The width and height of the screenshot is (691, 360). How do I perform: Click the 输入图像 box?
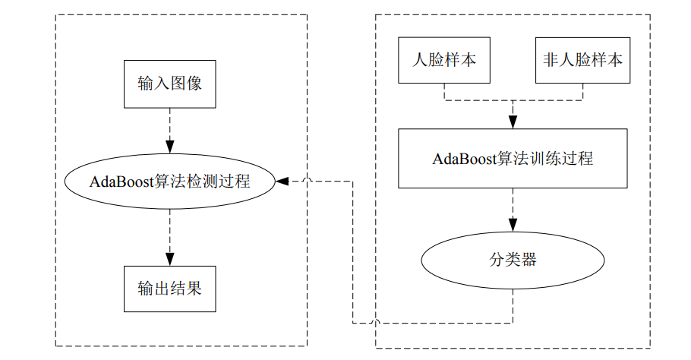coord(169,83)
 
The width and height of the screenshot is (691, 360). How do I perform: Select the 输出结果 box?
coord(169,289)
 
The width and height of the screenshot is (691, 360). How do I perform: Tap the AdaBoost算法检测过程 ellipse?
coord(169,182)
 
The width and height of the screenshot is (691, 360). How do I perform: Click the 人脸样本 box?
coord(444,60)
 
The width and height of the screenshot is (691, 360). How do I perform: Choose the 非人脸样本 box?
coord(583,60)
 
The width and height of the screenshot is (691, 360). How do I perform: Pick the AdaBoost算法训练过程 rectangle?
coord(513,159)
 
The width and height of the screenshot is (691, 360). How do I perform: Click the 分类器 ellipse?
coord(513,260)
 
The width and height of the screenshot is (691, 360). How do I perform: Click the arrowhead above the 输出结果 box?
coord(169,258)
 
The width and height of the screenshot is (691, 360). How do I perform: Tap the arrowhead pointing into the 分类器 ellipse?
coord(513,225)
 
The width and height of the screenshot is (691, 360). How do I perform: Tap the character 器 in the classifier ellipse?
coord(529,260)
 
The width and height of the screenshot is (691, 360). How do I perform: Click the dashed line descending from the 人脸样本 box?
coord(444,91)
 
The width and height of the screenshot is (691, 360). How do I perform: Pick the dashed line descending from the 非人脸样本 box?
coord(583,91)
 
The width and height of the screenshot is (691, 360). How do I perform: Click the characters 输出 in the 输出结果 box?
coord(153,289)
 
